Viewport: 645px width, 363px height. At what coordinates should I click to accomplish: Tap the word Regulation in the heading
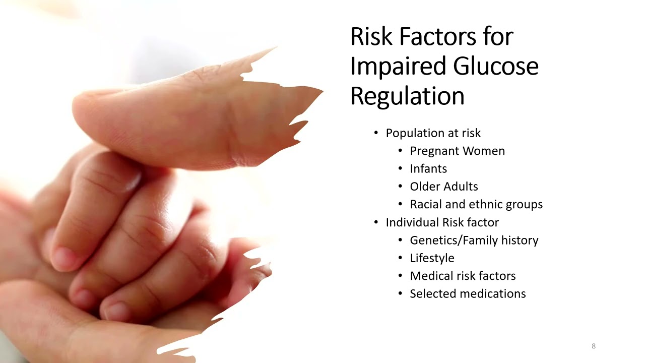coord(407,96)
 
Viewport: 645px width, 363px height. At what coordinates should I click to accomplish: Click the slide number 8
coord(594,346)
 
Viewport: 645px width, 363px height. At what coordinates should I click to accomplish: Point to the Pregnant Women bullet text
coord(457,151)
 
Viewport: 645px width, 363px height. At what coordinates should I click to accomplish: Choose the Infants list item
coord(428,168)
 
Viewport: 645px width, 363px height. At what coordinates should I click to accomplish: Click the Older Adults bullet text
coord(444,187)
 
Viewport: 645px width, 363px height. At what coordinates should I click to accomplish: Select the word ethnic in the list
coord(485,204)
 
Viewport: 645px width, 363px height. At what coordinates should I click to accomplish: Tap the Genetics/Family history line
coord(474,240)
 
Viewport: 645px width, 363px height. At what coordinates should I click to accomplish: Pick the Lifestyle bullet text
coord(432,258)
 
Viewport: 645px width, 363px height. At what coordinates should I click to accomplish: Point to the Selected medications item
coord(468,293)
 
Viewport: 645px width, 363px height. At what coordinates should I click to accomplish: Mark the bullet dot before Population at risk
coord(376,133)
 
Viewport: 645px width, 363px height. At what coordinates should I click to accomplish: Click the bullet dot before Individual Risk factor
coord(376,222)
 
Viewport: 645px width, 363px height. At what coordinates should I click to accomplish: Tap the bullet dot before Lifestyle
coord(400,258)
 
